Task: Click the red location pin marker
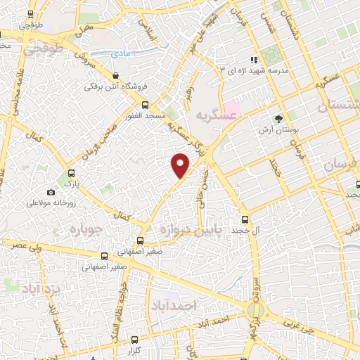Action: [181, 165]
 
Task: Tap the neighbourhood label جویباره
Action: [88, 229]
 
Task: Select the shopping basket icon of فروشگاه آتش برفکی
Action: [116, 75]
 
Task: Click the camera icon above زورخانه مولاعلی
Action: [51, 192]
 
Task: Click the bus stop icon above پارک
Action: [70, 173]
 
